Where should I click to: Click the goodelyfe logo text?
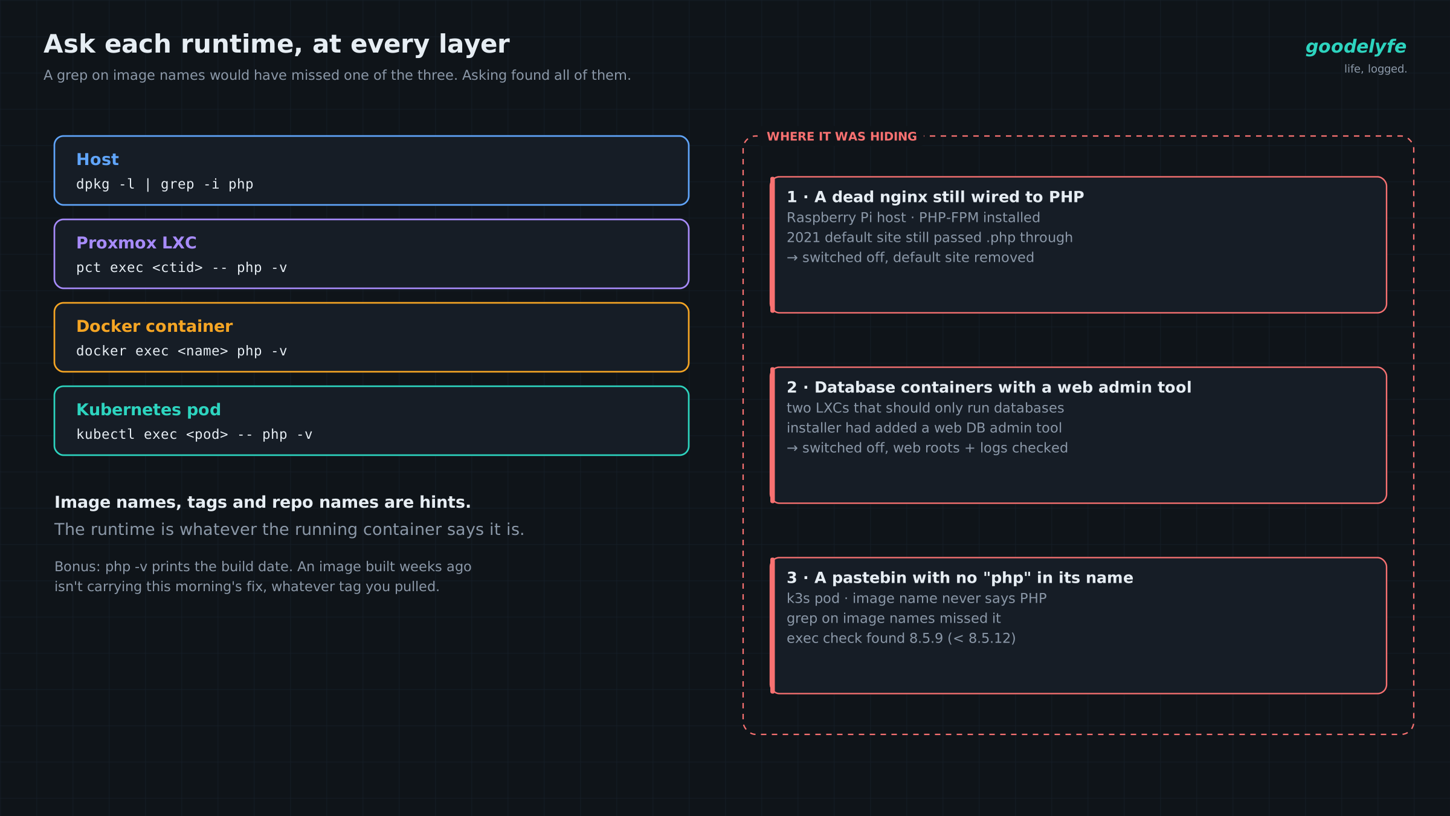click(1356, 47)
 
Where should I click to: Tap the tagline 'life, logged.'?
click(1376, 69)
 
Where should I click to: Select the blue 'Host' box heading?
click(97, 160)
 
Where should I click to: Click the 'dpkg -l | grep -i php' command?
click(165, 184)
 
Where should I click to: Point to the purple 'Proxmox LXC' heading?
click(137, 243)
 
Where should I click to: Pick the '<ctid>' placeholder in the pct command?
click(178, 268)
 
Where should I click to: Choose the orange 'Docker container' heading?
click(155, 326)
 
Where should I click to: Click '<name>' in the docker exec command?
click(203, 351)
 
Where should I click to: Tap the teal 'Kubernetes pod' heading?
click(149, 410)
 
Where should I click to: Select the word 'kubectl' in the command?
click(106, 435)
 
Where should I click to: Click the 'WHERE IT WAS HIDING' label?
click(842, 137)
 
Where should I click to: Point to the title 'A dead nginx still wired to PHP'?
click(949, 197)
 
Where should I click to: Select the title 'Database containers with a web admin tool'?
click(1003, 387)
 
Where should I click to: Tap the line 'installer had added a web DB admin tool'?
click(924, 428)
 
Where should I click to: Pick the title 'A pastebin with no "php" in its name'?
click(974, 578)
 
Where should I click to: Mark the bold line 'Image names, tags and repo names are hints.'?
click(263, 502)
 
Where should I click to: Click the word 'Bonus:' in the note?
click(78, 566)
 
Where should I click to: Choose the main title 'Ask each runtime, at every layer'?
click(277, 44)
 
